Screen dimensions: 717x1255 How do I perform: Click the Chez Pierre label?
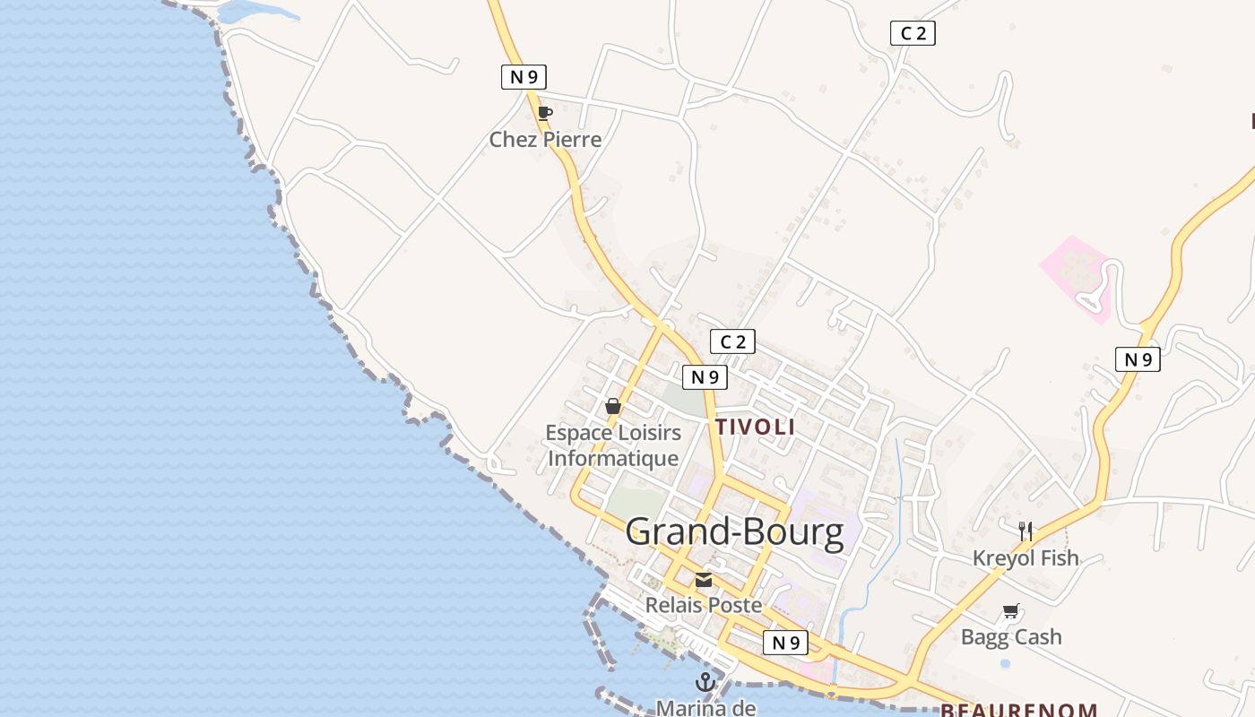coord(545,140)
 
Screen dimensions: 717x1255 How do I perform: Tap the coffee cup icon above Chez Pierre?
coord(544,113)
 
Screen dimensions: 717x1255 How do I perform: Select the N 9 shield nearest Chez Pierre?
coord(524,77)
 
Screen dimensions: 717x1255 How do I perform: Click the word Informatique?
coord(613,459)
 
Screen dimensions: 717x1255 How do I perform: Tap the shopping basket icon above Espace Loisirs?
coord(613,406)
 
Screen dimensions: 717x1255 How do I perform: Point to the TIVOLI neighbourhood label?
coord(755,427)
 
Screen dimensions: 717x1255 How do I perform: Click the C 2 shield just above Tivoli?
coord(732,341)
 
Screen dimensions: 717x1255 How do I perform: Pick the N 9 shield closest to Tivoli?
coord(705,377)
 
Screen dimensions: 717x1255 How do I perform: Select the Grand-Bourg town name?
coord(735,532)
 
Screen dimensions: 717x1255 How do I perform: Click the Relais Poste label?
coord(704,606)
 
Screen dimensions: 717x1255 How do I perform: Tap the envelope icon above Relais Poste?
coord(704,581)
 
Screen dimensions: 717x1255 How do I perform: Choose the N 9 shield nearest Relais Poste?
coord(785,642)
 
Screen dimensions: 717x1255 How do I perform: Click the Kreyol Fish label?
coord(1026,558)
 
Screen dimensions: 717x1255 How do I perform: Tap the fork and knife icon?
coord(1026,531)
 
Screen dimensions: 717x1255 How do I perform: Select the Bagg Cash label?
coord(1011,637)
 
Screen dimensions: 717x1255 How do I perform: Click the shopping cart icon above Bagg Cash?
coord(1011,611)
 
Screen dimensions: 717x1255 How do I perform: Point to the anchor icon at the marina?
coord(705,682)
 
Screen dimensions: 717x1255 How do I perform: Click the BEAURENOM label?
coord(1018,711)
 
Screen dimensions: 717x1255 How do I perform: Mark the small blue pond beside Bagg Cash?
coord(1005,664)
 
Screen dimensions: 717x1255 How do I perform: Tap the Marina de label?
coord(705,707)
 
